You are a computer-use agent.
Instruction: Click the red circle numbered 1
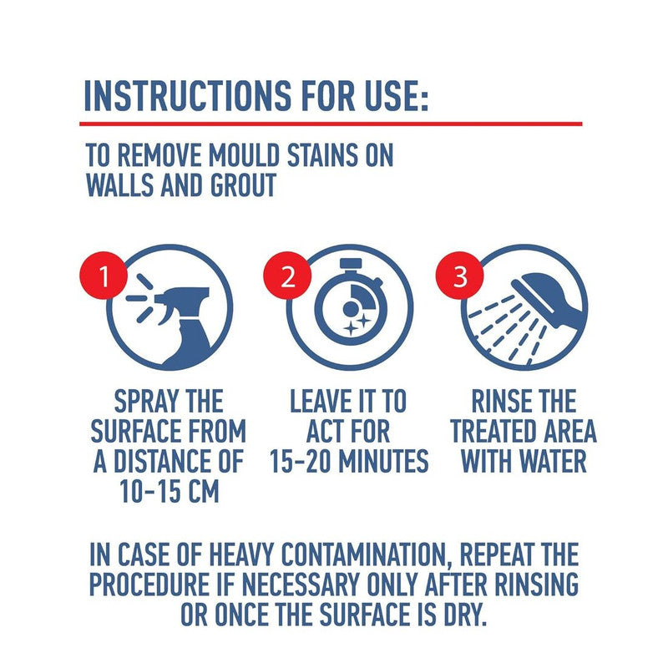click(x=104, y=276)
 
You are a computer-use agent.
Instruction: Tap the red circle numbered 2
click(x=287, y=276)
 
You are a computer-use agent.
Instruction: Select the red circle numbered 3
click(x=459, y=276)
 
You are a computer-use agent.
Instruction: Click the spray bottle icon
click(x=175, y=325)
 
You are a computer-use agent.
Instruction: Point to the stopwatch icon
click(x=349, y=299)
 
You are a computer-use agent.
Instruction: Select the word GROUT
click(x=243, y=185)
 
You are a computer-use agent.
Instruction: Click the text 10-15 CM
click(x=170, y=492)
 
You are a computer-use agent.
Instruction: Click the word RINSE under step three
click(x=497, y=402)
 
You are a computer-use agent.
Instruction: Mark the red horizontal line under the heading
click(x=331, y=124)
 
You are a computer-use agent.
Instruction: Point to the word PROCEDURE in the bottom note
click(x=149, y=584)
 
